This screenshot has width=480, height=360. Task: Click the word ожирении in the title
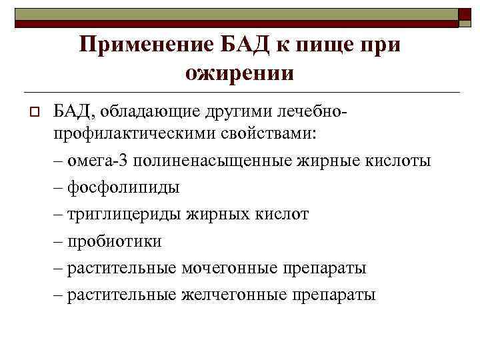pyautogui.click(x=239, y=72)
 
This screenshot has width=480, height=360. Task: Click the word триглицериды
pyautogui.click(x=125, y=214)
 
